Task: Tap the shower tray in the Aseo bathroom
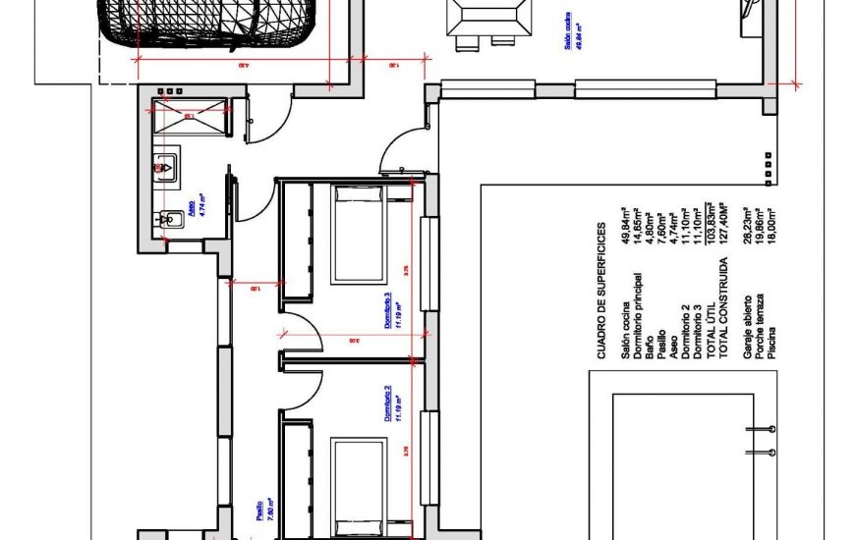click(x=187, y=118)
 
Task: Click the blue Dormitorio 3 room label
click(x=392, y=314)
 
